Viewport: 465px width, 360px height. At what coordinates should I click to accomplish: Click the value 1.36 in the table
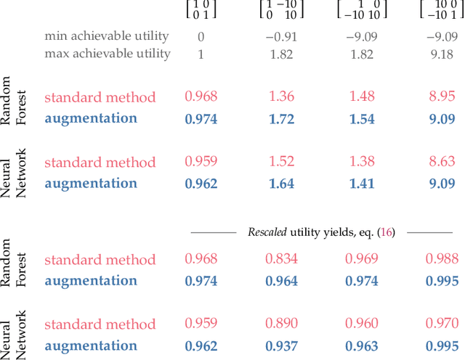click(281, 97)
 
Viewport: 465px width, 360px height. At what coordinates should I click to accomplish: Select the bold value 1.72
click(281, 118)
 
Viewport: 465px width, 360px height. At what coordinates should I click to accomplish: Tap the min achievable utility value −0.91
click(281, 36)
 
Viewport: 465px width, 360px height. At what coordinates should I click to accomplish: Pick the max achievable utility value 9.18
click(442, 53)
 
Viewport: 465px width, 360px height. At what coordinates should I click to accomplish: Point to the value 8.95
click(442, 97)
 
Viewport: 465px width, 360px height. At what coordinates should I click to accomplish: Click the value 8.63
click(442, 162)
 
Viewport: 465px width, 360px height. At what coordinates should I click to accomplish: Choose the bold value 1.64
click(281, 183)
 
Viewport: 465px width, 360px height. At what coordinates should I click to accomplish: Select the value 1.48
click(361, 97)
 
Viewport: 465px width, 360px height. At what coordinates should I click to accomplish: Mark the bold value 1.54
click(361, 118)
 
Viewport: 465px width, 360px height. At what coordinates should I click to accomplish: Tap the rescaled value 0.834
click(281, 259)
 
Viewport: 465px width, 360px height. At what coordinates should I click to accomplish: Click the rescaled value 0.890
click(281, 324)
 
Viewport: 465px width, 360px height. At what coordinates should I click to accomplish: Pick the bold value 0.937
click(281, 345)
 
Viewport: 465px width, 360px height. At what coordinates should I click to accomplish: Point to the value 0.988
click(442, 259)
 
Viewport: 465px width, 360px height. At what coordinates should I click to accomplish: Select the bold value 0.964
click(281, 280)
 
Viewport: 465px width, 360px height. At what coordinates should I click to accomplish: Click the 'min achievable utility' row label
click(107, 36)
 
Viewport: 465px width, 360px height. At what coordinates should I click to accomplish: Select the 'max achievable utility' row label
click(108, 53)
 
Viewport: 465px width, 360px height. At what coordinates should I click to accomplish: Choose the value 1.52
click(281, 162)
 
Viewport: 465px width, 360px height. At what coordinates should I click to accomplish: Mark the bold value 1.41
click(361, 183)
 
